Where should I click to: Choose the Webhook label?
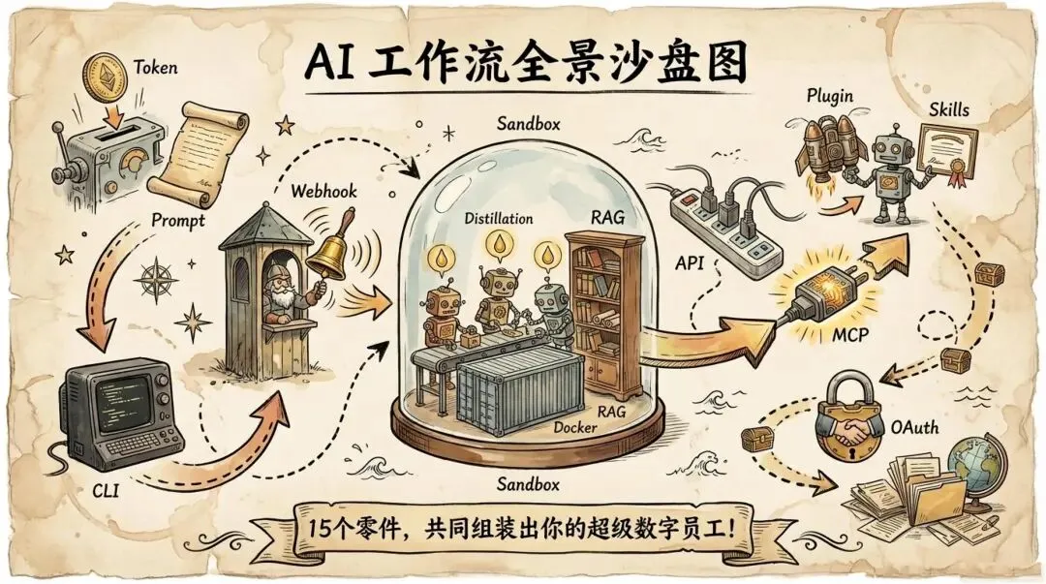coord(323,191)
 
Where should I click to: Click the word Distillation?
coord(497,219)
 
